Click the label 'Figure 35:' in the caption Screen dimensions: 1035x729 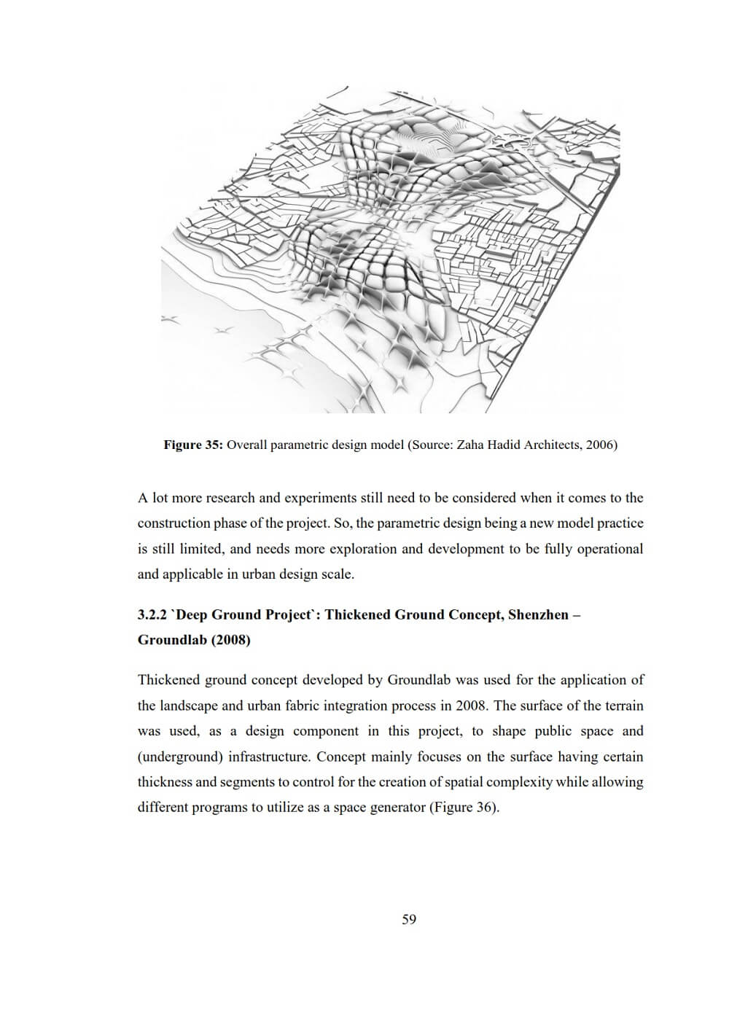click(x=192, y=445)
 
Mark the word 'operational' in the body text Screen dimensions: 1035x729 click(x=609, y=549)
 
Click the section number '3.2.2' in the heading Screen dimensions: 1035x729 click(x=153, y=614)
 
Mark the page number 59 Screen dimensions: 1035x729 click(x=409, y=920)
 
